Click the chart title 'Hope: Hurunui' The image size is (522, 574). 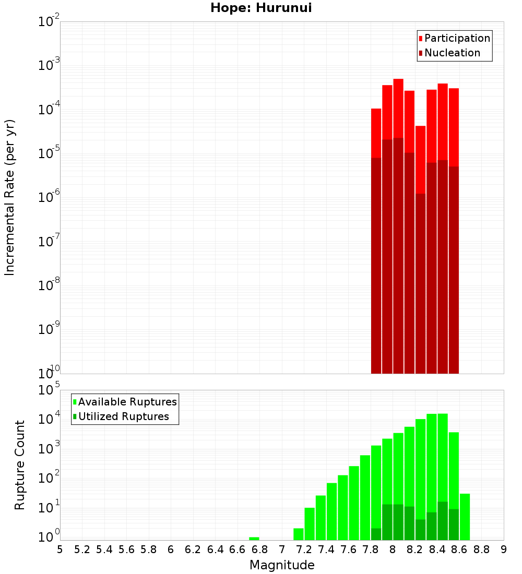click(261, 8)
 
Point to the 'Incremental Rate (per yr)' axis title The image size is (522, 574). click(10, 197)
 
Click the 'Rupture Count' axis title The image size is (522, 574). click(20, 464)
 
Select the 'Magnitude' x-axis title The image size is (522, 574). click(282, 565)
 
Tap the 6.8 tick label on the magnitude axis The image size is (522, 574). click(260, 549)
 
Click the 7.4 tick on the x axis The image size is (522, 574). click(326, 549)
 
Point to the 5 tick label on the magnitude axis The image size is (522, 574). click(60, 549)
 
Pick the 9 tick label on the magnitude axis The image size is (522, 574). click(504, 549)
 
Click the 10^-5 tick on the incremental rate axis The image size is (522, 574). click(49, 153)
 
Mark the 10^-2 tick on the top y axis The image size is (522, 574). click(49, 22)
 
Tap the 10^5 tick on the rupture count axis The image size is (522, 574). click(49, 390)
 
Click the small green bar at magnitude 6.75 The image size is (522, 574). click(254, 538)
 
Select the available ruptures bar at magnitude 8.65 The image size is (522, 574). click(465, 517)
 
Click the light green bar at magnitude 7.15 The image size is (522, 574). click(299, 534)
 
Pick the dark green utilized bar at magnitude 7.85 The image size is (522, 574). click(376, 534)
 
